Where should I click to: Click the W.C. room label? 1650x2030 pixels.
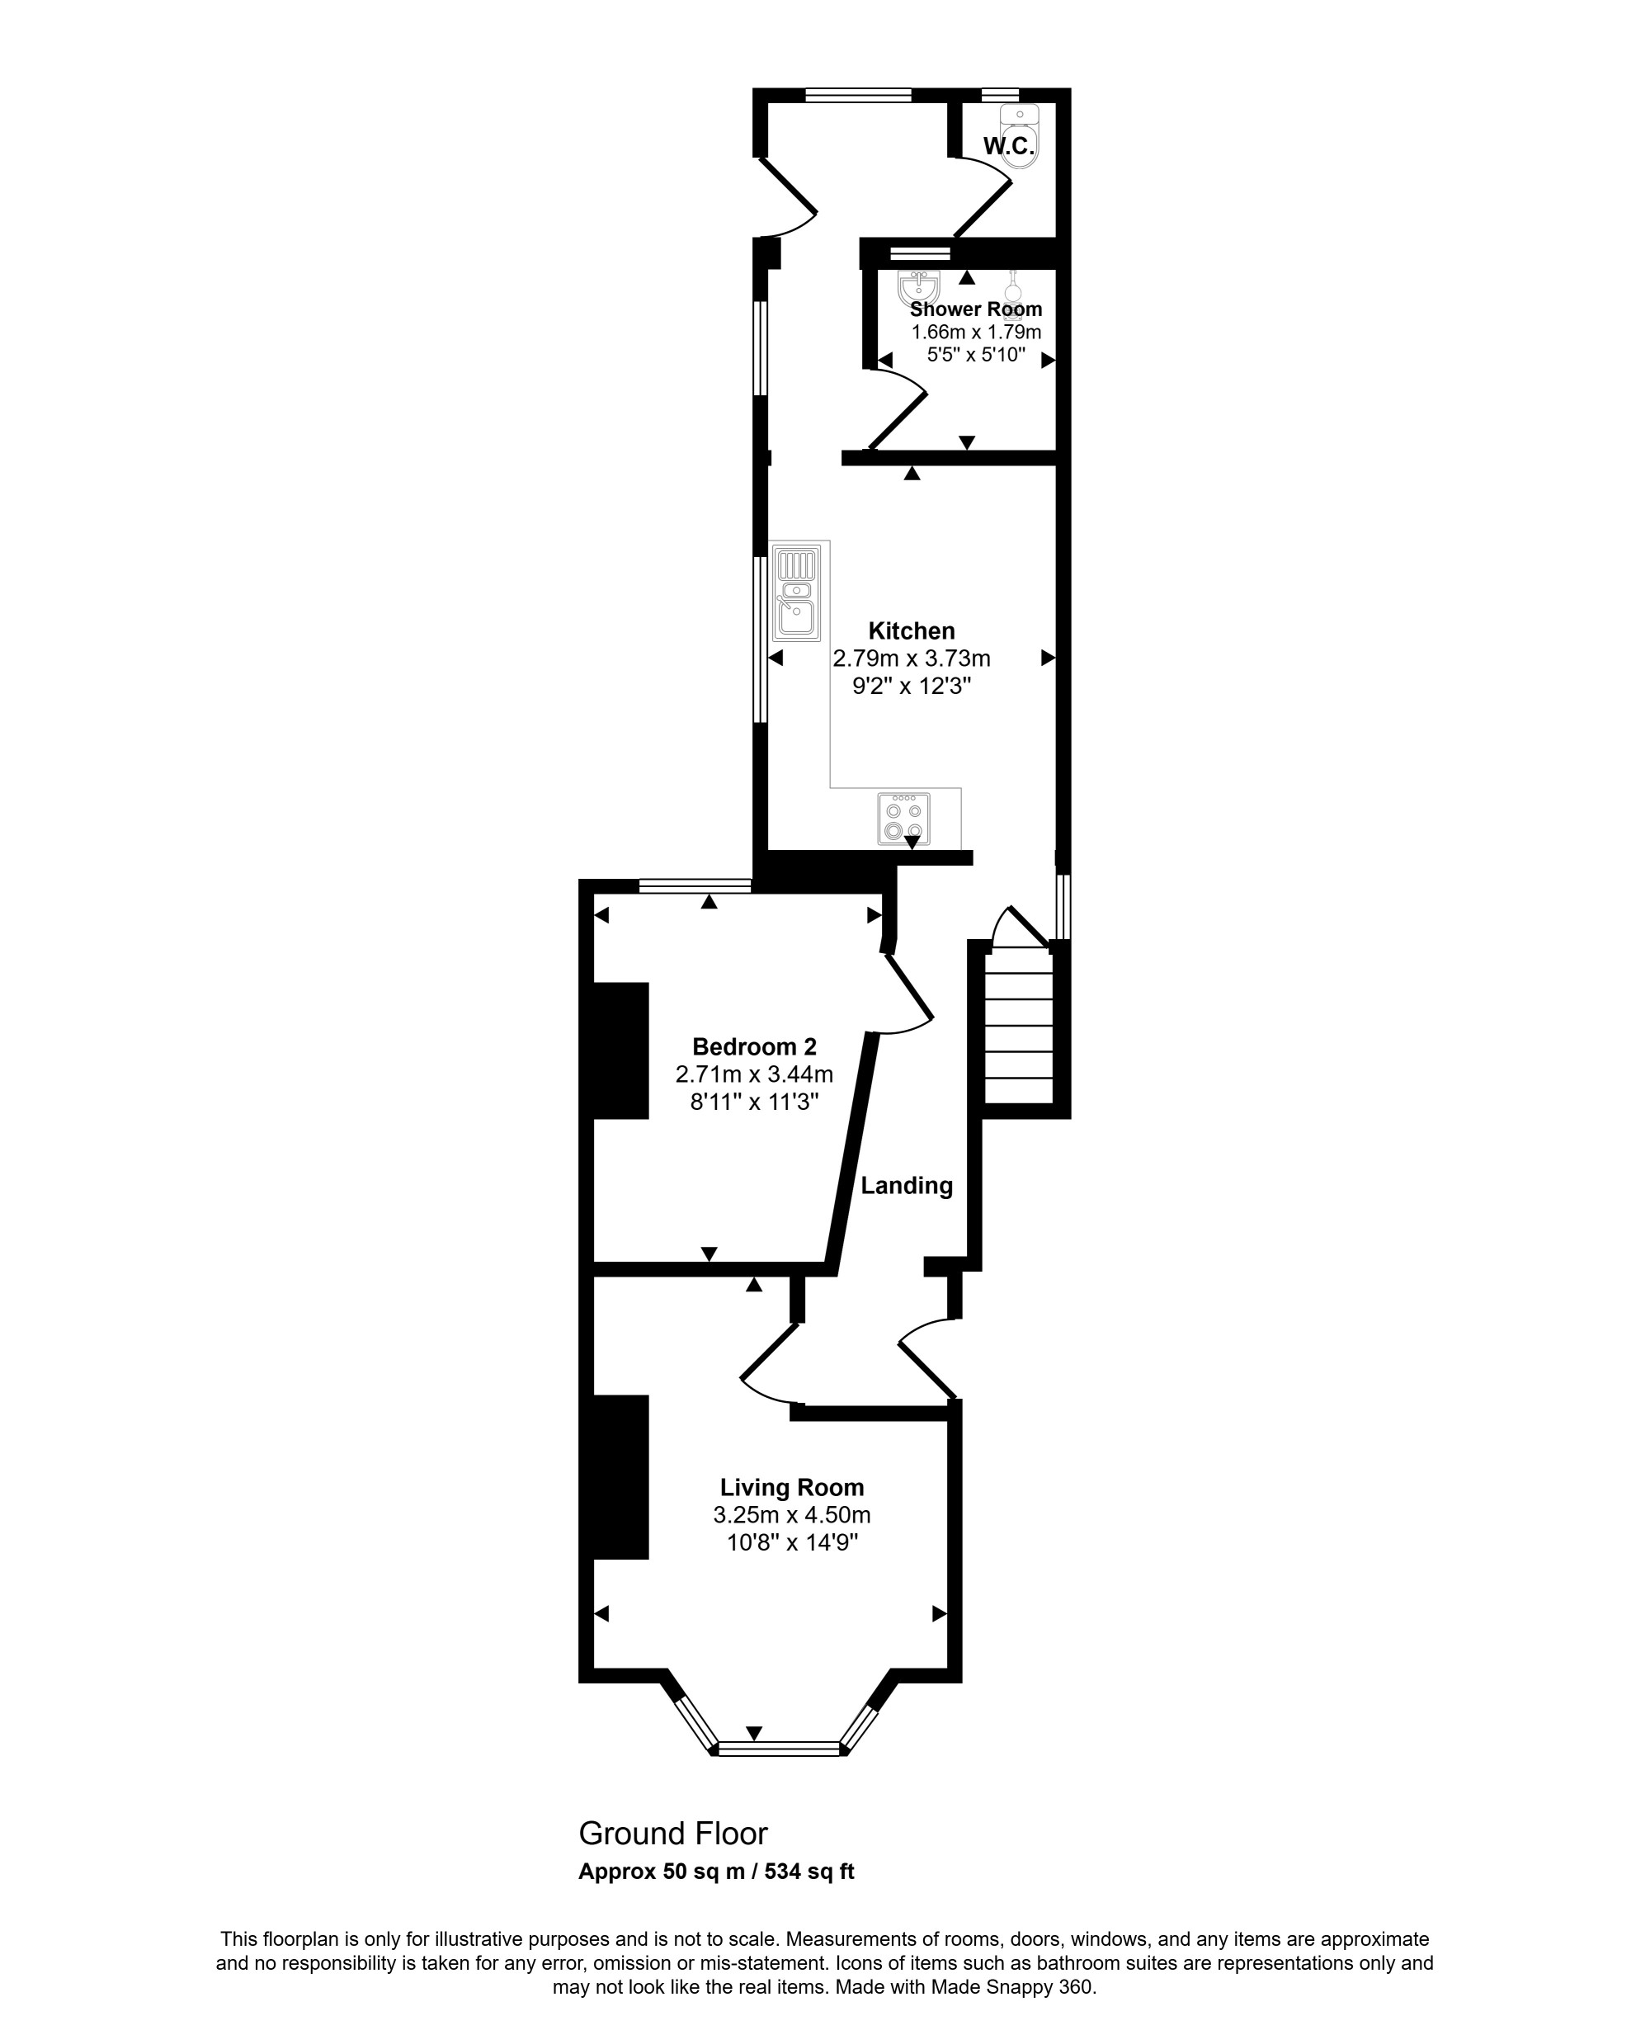point(1008,146)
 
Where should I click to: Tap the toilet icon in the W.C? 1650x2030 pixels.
point(1021,135)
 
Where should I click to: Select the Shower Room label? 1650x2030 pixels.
point(976,309)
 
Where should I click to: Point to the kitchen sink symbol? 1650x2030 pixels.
point(796,592)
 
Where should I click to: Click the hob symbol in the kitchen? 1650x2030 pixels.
point(903,819)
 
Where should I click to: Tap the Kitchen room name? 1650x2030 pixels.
point(912,630)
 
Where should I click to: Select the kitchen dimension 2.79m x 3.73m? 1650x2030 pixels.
point(912,658)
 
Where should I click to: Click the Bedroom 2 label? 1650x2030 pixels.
point(755,1047)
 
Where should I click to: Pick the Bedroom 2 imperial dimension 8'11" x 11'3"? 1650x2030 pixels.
point(755,1102)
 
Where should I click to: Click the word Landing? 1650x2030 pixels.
point(907,1186)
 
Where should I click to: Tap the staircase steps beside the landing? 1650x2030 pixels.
point(1018,1026)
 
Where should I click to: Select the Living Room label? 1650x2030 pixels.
point(792,1488)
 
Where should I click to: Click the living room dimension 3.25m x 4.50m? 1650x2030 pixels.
point(792,1514)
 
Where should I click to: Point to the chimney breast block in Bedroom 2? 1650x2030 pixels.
point(620,1050)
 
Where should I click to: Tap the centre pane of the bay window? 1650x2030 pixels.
point(780,1748)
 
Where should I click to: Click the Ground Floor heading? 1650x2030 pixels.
point(673,1833)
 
